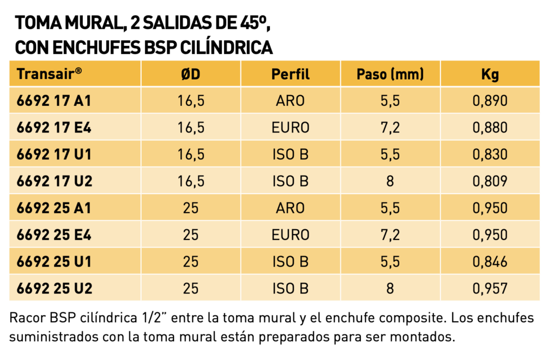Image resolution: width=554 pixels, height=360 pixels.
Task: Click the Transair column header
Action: [x=49, y=74]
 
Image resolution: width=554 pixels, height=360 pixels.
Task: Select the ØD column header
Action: [x=191, y=74]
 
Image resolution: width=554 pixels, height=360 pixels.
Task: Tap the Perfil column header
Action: [x=291, y=74]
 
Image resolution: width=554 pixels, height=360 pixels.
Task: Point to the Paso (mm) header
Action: [x=390, y=74]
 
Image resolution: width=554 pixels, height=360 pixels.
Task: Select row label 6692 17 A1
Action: [x=54, y=101]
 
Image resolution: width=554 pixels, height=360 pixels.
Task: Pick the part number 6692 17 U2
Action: [x=55, y=182]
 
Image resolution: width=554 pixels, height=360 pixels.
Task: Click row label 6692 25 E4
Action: [x=54, y=235]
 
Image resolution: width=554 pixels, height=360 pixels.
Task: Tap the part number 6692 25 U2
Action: [x=55, y=289]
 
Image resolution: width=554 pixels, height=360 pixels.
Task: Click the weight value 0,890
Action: [x=490, y=101]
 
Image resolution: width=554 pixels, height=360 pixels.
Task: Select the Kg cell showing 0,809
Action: [x=490, y=182]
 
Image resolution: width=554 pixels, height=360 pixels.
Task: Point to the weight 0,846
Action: [x=490, y=262]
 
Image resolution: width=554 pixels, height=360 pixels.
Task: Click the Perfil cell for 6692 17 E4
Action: [x=291, y=128]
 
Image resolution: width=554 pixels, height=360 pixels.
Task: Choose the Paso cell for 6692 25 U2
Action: [x=390, y=289]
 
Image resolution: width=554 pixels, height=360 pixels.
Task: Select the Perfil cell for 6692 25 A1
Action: [x=291, y=208]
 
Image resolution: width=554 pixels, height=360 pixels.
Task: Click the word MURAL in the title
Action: [x=93, y=23]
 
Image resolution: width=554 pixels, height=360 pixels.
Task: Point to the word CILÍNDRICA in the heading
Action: [x=226, y=48]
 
